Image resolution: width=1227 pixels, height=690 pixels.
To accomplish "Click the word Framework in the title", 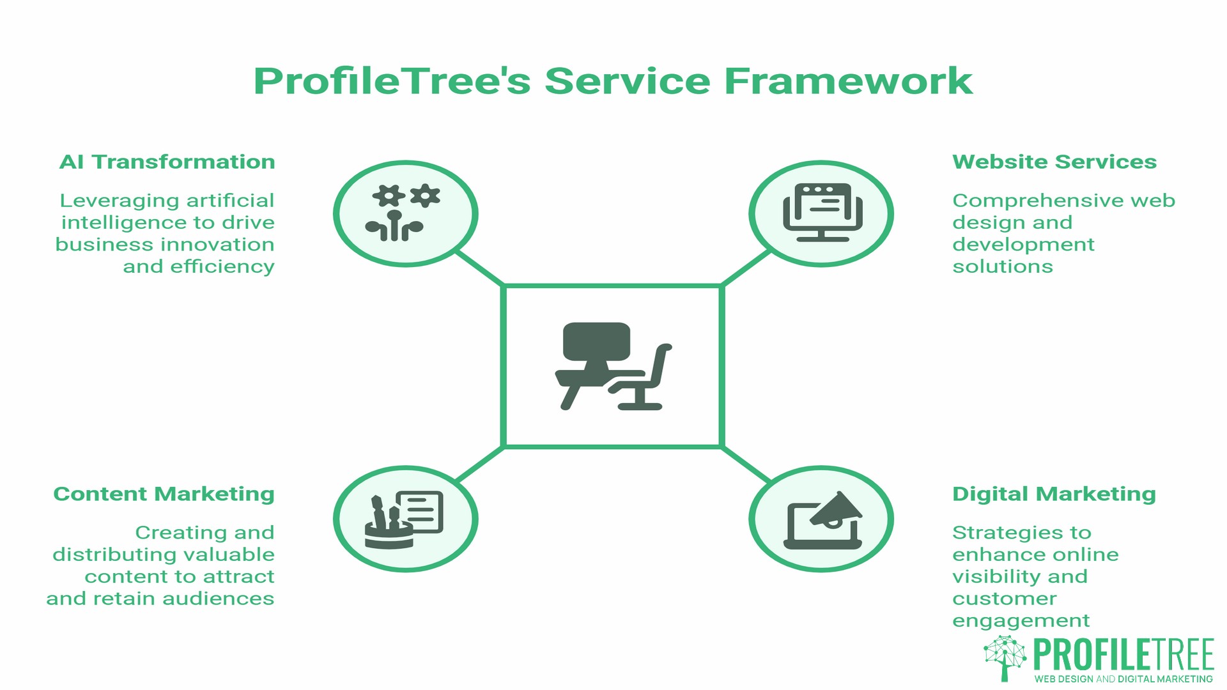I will pos(848,81).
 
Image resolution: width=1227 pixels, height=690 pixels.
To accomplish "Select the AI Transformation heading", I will pos(167,162).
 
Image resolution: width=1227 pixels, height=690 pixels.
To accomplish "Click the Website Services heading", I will pos(1054,162).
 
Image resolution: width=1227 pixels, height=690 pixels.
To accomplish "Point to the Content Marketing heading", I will pos(164,494).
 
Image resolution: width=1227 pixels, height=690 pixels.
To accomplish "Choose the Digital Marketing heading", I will pos(1054,494).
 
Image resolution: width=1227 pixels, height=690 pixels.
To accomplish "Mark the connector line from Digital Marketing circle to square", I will pos(746,464).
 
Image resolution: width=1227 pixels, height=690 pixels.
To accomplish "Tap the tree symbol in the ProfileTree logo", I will pos(1005,657).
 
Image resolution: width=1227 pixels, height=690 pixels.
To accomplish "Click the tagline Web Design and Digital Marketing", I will pos(1123,679).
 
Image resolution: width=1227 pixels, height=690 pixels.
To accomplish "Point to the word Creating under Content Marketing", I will pos(173,533).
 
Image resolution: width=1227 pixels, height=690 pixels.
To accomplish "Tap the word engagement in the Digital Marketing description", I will pos(1021,621).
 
